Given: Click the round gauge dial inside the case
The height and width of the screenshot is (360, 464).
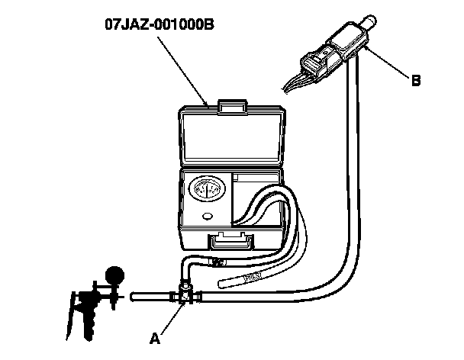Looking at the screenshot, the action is coord(207,191).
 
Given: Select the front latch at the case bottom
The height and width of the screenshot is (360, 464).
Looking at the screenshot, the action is coord(232,242).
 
